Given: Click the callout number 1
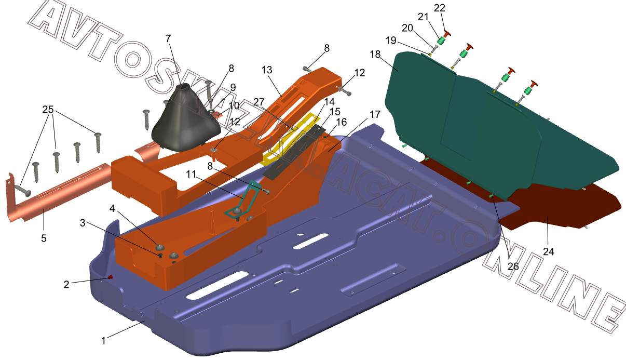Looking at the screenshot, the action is click(x=103, y=341).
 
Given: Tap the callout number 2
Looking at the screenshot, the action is click(x=66, y=285).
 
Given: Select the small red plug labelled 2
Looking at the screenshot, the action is click(x=110, y=277).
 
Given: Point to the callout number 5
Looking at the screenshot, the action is click(x=44, y=238).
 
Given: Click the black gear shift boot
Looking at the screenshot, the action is click(x=186, y=119).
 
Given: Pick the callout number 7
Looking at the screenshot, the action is click(x=168, y=38).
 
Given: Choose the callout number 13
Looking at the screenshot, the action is click(x=267, y=70).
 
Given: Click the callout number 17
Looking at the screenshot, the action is click(x=375, y=114).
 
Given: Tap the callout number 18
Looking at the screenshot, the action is click(x=375, y=54).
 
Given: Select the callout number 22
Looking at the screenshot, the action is click(x=440, y=8).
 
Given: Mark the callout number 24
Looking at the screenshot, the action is click(x=549, y=251).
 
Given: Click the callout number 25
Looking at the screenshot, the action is click(x=48, y=110).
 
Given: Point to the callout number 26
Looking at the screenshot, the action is click(x=513, y=266).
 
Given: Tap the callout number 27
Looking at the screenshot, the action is click(x=259, y=102).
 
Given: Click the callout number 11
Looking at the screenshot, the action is click(x=191, y=174).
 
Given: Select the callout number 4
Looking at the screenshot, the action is click(x=112, y=208).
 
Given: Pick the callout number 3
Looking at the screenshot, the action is click(x=83, y=223).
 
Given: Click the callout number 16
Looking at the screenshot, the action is click(x=342, y=122).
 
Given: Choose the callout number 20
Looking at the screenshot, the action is click(x=407, y=28).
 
